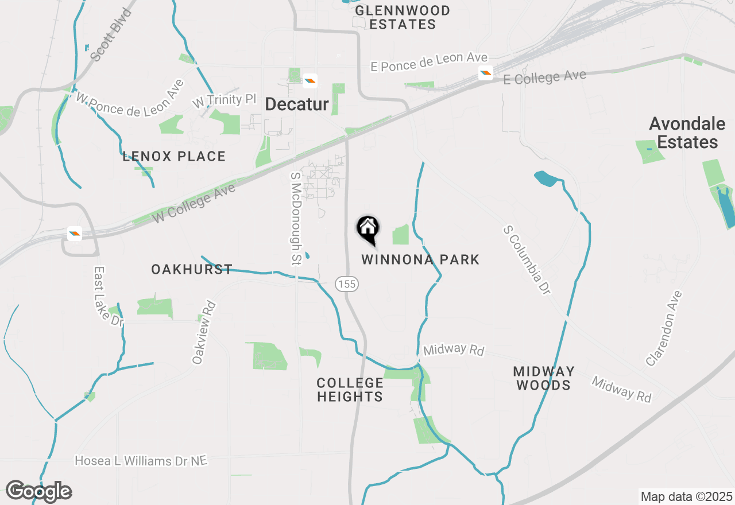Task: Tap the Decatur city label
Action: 297,104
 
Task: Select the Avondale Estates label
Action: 683,133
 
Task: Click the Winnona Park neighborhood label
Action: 420,259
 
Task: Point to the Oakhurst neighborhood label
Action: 192,269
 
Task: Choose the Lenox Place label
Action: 174,156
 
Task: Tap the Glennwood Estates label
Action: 403,17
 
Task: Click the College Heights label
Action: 350,390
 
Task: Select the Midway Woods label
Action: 544,378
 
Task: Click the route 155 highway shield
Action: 347,283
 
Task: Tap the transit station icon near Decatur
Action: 310,81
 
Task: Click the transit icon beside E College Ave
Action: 486,73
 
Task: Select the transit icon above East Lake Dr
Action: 75,234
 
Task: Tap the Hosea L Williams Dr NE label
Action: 141,461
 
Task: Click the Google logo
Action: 38,491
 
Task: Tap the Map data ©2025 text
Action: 686,496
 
